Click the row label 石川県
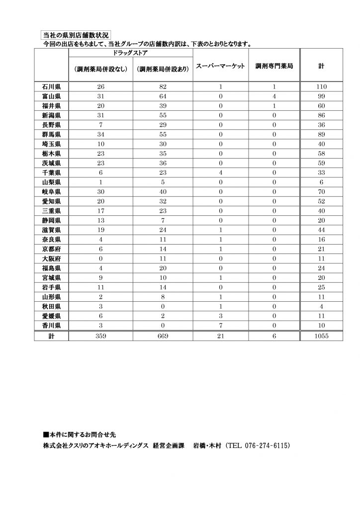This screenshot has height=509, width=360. click(x=51, y=86)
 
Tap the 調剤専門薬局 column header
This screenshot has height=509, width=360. click(x=273, y=66)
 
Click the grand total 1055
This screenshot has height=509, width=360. click(x=321, y=336)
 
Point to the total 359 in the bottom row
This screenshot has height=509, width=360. click(x=101, y=336)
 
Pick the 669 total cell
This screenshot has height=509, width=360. click(x=164, y=336)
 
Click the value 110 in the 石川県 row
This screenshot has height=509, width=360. click(x=321, y=86)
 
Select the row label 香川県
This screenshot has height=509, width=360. click(x=51, y=325)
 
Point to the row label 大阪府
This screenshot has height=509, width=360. click(x=51, y=258)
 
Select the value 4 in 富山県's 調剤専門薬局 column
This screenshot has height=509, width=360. click(x=273, y=96)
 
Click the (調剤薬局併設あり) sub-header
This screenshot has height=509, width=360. click(x=164, y=69)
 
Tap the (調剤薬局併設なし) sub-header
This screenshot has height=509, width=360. click(x=101, y=69)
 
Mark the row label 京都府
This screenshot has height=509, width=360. click(x=51, y=249)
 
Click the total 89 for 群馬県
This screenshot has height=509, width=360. click(x=321, y=134)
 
